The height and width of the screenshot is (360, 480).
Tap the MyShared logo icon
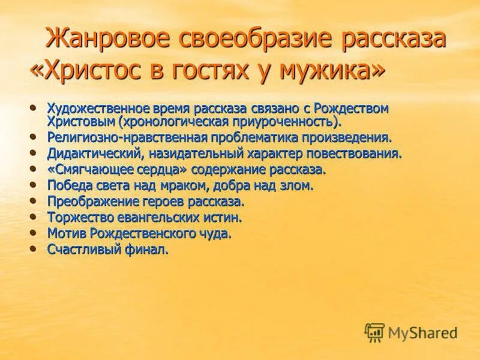pos(374,332)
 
